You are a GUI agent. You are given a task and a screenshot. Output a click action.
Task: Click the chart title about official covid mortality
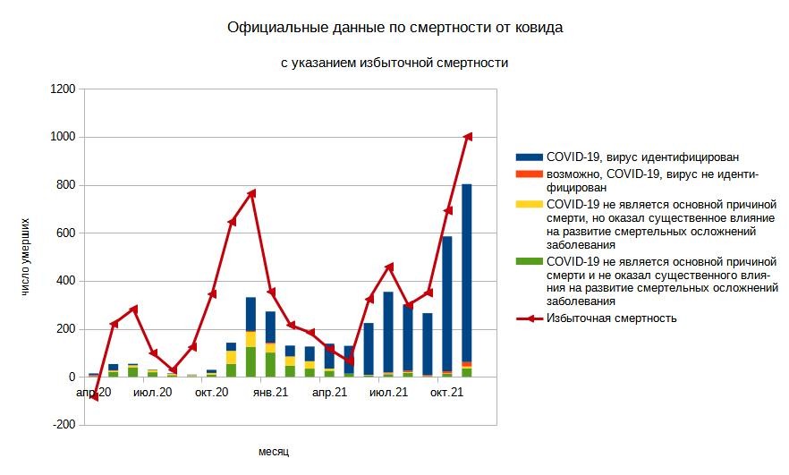tap(395, 28)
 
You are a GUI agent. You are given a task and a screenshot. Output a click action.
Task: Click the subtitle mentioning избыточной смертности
tap(394, 63)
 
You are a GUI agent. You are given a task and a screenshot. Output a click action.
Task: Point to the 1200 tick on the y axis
tap(62, 89)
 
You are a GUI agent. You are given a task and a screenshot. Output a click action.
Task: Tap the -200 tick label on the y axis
tap(64, 426)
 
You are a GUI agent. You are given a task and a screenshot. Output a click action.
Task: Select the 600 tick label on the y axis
tap(65, 233)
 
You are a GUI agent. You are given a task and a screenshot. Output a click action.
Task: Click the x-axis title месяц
tap(274, 452)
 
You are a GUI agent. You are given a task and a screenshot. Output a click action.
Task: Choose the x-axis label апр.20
tap(93, 393)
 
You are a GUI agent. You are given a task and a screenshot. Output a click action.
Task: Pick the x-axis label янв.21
tap(269, 393)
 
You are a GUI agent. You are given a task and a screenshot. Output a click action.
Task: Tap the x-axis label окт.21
tap(446, 393)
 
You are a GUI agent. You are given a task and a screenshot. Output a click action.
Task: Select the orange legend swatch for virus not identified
tap(530, 173)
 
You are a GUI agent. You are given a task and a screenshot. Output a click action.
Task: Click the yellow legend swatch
tap(530, 203)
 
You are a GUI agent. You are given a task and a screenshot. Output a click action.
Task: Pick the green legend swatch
tap(530, 260)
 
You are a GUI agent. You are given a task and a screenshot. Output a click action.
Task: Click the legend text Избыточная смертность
tap(611, 318)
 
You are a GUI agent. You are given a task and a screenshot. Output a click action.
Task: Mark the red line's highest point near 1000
tap(467, 136)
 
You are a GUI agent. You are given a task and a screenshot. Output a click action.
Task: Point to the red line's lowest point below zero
tap(94, 397)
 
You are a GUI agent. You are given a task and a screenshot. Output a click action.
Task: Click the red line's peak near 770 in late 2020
tap(251, 192)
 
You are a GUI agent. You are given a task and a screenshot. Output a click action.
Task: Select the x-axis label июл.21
tap(388, 393)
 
